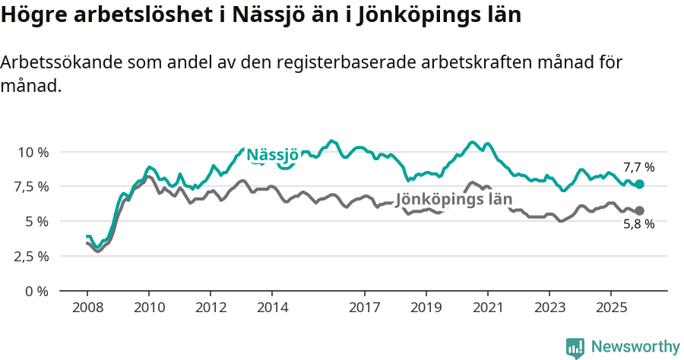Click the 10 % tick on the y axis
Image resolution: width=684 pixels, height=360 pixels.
click(x=33, y=152)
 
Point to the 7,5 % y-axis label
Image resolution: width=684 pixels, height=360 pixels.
click(x=33, y=187)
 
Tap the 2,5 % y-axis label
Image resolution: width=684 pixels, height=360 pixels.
click(x=33, y=256)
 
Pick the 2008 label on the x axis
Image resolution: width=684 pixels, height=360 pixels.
click(x=87, y=308)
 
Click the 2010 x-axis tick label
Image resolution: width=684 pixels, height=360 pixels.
click(x=148, y=308)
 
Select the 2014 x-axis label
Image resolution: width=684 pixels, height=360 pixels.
click(x=272, y=308)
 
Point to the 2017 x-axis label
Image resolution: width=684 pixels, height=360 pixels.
click(x=364, y=308)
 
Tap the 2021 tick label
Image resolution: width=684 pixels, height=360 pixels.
click(x=487, y=308)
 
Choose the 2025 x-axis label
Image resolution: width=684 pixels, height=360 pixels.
click(x=610, y=308)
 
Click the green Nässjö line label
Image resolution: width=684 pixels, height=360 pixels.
click(x=272, y=155)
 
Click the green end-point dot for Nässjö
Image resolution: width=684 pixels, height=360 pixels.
click(x=640, y=185)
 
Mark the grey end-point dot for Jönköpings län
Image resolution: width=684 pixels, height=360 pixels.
click(x=640, y=210)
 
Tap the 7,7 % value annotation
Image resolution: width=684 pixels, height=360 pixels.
click(x=638, y=167)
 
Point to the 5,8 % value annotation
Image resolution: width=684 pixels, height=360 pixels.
click(x=638, y=225)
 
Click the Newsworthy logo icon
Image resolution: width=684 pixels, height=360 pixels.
click(x=575, y=348)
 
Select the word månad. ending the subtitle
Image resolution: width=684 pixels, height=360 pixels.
click(x=30, y=87)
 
